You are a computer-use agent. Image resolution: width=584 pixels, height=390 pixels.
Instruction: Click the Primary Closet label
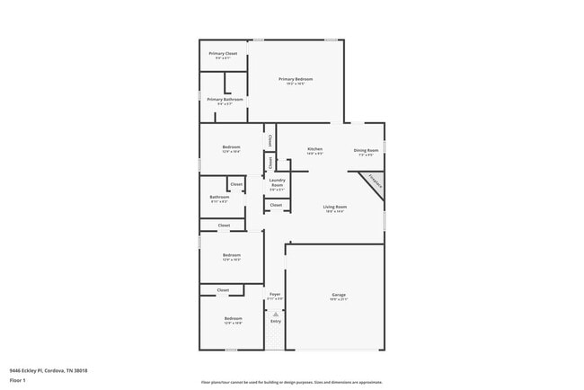pyautogui.click(x=223, y=55)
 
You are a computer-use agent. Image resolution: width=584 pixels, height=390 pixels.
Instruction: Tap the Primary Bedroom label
pyautogui.click(x=296, y=80)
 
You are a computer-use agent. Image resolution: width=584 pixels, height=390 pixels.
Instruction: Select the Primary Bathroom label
pyautogui.click(x=219, y=101)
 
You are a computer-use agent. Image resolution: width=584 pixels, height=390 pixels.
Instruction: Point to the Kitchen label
pyautogui.click(x=314, y=150)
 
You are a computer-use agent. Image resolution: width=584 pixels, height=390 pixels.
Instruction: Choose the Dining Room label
pyautogui.click(x=366, y=151)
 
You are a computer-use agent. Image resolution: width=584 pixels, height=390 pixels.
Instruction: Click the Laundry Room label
pyautogui.click(x=277, y=182)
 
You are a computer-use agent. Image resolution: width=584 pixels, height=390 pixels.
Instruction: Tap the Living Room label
pyautogui.click(x=335, y=208)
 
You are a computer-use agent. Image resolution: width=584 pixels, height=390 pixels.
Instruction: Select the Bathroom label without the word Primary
pyautogui.click(x=219, y=198)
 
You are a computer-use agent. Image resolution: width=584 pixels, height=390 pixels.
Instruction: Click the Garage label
pyautogui.click(x=339, y=296)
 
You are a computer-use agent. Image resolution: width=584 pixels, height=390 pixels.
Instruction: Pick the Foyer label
pyautogui.click(x=275, y=295)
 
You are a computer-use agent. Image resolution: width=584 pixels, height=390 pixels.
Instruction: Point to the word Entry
pyautogui.click(x=275, y=321)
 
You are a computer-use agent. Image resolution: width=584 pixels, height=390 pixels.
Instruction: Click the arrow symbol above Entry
pyautogui.click(x=275, y=313)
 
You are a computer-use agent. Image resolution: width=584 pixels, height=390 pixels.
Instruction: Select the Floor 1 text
pyautogui.click(x=18, y=381)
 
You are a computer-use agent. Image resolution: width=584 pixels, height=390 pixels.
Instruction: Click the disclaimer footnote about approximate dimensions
pyautogui.click(x=291, y=382)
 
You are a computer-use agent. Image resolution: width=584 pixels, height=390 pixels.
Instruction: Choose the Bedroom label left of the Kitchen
pyautogui.click(x=232, y=148)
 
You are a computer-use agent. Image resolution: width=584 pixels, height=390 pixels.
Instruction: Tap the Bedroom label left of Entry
pyautogui.click(x=233, y=320)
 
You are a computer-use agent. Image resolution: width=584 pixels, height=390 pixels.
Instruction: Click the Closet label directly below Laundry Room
pyautogui.click(x=276, y=205)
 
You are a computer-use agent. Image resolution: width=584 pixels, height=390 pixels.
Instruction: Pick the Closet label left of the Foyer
pyautogui.click(x=223, y=290)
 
